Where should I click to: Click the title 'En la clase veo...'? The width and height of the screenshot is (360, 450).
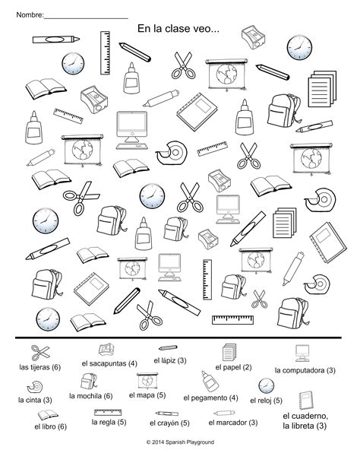pyautogui.click(x=178, y=28)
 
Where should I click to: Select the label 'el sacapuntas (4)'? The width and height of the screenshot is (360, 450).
pyautogui.click(x=109, y=363)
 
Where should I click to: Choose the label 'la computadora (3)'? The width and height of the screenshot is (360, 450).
pyautogui.click(x=305, y=370)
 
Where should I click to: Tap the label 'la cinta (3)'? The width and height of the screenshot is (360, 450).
pyautogui.click(x=36, y=399)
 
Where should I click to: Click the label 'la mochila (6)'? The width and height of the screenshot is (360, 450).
pyautogui.click(x=91, y=395)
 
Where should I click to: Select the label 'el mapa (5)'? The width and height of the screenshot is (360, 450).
pyautogui.click(x=147, y=395)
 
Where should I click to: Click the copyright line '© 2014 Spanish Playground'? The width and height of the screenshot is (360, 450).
pyautogui.click(x=180, y=441)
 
